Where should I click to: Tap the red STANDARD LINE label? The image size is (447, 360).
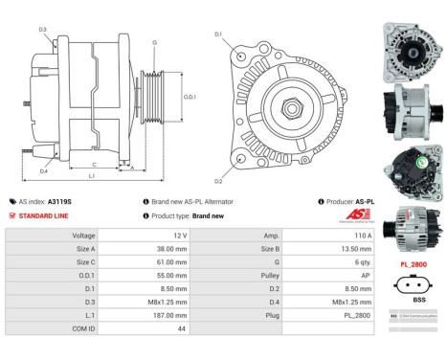coord(46,215)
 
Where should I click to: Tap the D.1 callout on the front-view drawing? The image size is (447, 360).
coord(218,34)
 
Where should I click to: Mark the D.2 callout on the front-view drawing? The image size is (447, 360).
coord(218,181)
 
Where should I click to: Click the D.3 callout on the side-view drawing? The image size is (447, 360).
coord(43,30)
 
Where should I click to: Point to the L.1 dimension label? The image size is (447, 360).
coord(92,177)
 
